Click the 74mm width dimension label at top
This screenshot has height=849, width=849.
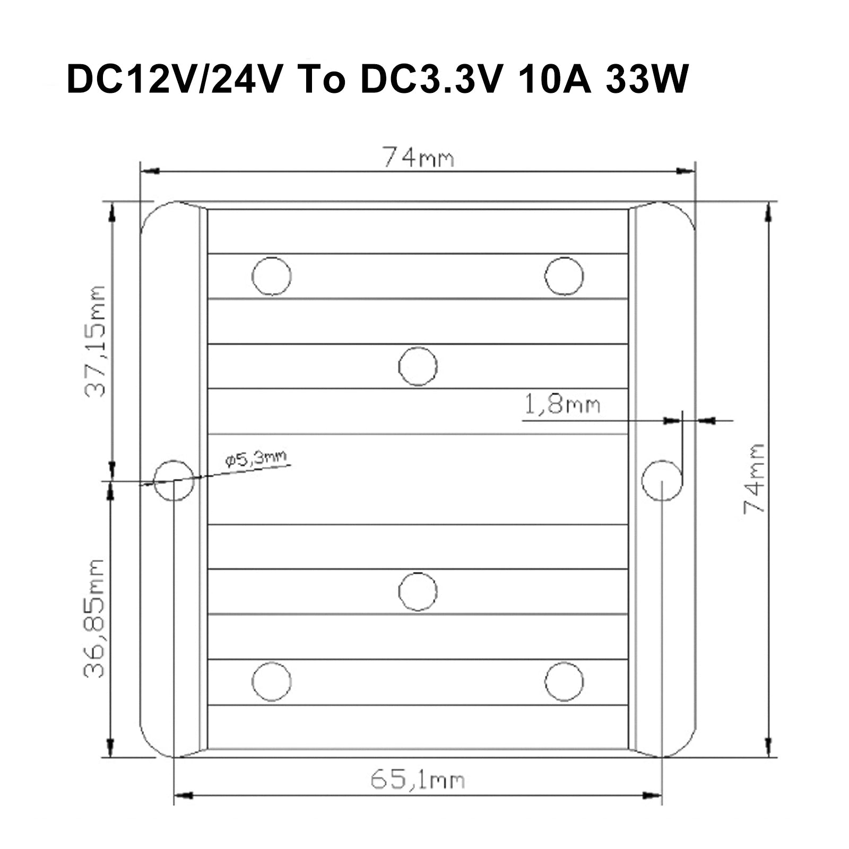pos(418,158)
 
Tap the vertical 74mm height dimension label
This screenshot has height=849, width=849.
pos(754,478)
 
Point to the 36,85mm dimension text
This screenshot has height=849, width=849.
pos(95,618)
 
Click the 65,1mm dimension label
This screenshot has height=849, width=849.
pos(417,780)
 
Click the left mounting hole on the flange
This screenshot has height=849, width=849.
pos(174,480)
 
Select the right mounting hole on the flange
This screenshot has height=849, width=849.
pos(662,480)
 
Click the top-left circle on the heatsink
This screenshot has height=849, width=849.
pos(272,276)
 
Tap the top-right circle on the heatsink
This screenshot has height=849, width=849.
pos(564,276)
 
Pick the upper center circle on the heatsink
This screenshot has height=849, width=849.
pos(418,366)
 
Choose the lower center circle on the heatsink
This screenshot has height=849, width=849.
pos(418,592)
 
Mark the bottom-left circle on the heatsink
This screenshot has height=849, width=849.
pos(272,681)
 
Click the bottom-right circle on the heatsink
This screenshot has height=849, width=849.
pos(564,681)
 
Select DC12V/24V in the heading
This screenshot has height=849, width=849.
pos(172,80)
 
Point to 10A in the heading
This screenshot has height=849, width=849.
pos(555,80)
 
